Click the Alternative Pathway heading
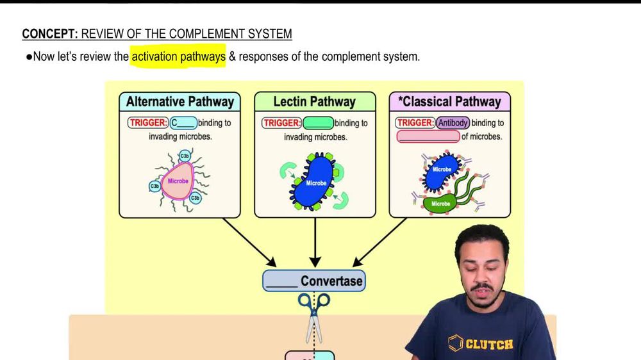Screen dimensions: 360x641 (x=179, y=101)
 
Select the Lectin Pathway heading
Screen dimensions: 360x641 (x=314, y=101)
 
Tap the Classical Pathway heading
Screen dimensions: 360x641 (x=450, y=101)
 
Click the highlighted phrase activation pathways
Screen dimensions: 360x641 (x=178, y=56)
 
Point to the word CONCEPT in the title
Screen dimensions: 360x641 (x=49, y=34)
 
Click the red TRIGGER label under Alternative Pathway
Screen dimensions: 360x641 (x=149, y=122)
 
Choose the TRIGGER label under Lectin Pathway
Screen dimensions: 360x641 (x=282, y=122)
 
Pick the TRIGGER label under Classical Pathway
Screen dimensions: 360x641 (x=415, y=122)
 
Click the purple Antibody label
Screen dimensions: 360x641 (x=453, y=122)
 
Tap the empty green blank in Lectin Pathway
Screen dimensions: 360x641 (x=317, y=122)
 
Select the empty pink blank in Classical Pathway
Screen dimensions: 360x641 (x=428, y=136)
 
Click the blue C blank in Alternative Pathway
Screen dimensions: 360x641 (x=183, y=122)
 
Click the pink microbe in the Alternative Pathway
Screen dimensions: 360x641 (x=177, y=181)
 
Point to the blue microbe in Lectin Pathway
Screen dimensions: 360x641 (x=315, y=182)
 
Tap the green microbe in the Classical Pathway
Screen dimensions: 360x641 (x=441, y=204)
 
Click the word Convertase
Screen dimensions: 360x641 (x=331, y=281)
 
